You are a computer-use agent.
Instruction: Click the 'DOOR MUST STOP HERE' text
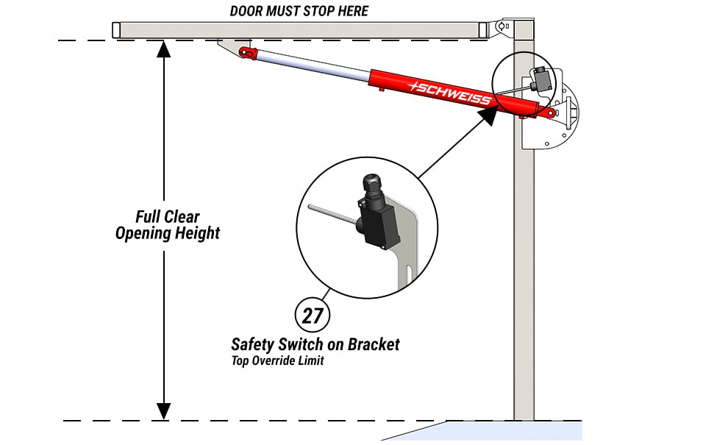[x=299, y=11]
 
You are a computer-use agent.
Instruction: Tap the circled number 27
[x=313, y=316]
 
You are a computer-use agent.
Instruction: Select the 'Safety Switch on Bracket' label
[x=315, y=343]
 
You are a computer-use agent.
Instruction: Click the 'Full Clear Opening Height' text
[x=168, y=225]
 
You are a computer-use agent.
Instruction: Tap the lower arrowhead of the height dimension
[x=163, y=411]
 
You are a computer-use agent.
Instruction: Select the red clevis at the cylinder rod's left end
[x=247, y=52]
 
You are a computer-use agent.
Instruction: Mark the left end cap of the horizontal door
[x=115, y=30]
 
